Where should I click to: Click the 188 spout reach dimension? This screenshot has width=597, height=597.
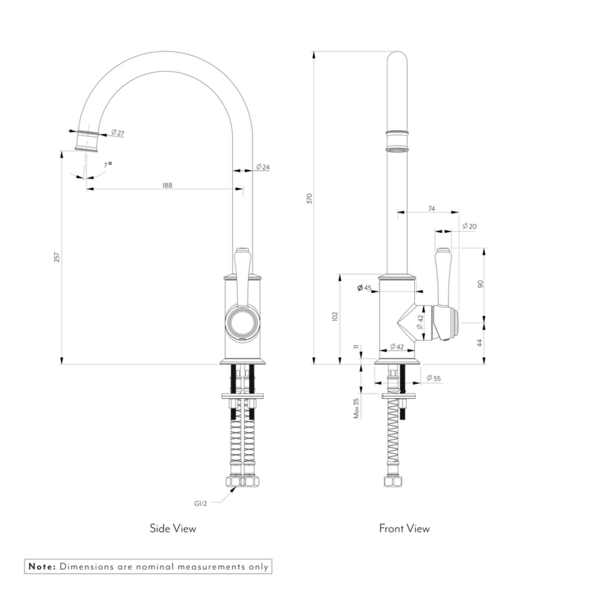[x=167, y=185]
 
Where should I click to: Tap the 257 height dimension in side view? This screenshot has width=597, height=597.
[x=57, y=257]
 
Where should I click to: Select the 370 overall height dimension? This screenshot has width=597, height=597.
[x=310, y=199]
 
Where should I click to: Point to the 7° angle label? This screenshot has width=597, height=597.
[x=107, y=164]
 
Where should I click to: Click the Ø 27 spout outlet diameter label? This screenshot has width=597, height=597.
[x=117, y=133]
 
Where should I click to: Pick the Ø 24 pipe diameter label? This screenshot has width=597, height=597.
[x=263, y=167]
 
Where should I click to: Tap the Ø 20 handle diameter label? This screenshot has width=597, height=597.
[x=470, y=226]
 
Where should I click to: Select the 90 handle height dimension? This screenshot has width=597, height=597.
[x=480, y=284]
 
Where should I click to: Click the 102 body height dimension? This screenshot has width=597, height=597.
[x=335, y=316]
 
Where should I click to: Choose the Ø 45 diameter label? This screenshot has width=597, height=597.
[x=364, y=288]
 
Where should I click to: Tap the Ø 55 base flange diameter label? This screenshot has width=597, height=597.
[x=434, y=378]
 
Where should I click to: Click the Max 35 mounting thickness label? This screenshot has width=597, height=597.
[x=356, y=408]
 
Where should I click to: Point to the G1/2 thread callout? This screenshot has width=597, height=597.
[x=201, y=503]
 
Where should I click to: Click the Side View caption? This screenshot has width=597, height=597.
[x=173, y=529]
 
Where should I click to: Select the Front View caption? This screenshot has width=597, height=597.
[x=404, y=529]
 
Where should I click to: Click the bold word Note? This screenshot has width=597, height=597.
[x=42, y=567]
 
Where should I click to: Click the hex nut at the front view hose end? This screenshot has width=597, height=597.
[x=393, y=481]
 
